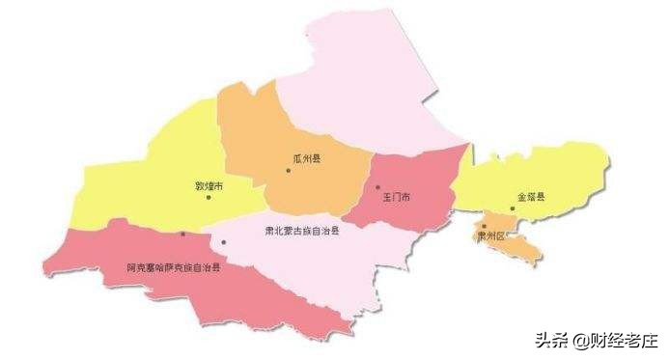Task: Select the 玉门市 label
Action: (396, 197)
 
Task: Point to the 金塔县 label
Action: (531, 197)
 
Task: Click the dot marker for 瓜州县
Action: (288, 171)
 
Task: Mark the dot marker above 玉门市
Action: (378, 187)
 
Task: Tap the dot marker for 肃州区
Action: (485, 226)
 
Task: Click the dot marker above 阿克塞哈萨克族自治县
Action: (182, 235)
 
